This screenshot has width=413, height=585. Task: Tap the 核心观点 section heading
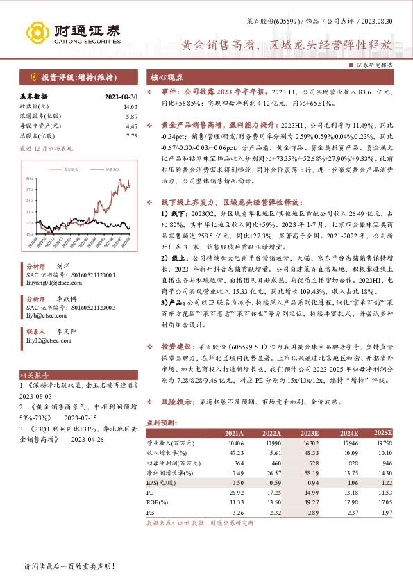[165, 79]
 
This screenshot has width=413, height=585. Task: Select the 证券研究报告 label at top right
[375, 64]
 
